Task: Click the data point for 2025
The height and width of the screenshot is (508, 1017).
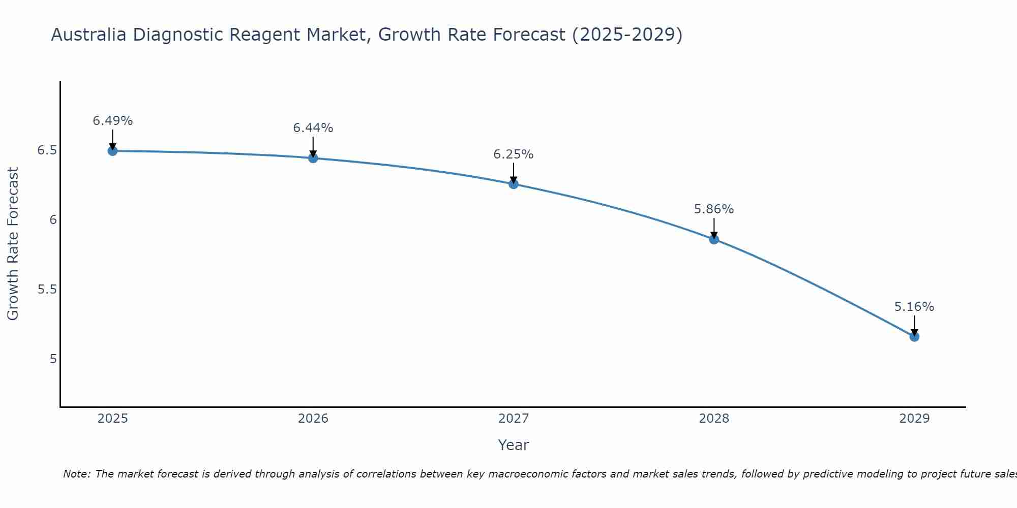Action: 113,151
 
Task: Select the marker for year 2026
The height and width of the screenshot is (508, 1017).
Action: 313,158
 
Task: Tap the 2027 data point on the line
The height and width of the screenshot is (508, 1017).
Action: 514,184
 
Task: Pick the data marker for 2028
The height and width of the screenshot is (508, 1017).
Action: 714,239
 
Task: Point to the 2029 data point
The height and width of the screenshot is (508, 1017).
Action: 914,336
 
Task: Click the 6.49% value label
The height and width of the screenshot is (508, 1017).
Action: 113,121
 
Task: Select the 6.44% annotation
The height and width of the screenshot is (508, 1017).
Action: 313,128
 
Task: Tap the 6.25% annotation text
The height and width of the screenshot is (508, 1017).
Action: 514,154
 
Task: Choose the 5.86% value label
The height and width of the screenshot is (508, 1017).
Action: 714,209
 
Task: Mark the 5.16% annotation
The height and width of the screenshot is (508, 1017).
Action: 914,307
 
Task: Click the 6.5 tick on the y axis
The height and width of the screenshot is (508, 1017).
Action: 47,150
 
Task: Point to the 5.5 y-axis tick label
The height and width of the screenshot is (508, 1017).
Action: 47,290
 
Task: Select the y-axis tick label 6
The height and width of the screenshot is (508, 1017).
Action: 52,220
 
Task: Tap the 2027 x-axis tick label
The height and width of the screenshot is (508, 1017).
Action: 514,419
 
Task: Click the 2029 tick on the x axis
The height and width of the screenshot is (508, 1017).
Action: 914,419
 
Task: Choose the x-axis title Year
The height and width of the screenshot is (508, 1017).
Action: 514,445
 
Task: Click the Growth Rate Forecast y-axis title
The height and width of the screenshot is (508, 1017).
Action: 13,244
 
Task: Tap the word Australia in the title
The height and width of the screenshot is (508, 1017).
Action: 89,35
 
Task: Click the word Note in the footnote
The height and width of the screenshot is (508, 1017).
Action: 76,474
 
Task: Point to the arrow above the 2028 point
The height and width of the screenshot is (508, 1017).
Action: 714,228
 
